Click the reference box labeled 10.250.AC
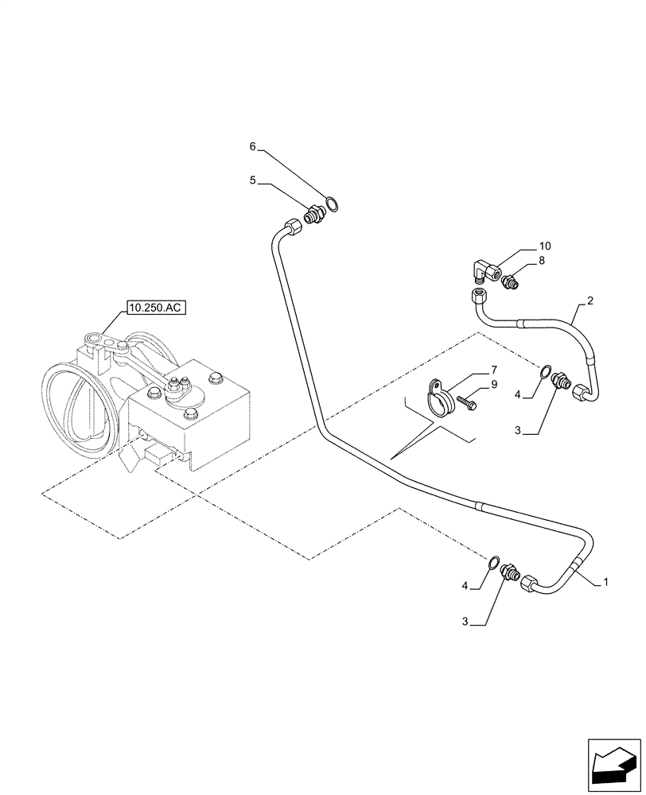(x=154, y=308)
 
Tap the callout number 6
(x=253, y=146)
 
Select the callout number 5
(x=253, y=180)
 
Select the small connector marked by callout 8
(x=509, y=280)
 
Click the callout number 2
(x=590, y=301)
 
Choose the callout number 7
(x=493, y=370)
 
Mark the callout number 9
(x=493, y=384)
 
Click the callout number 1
(x=605, y=582)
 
